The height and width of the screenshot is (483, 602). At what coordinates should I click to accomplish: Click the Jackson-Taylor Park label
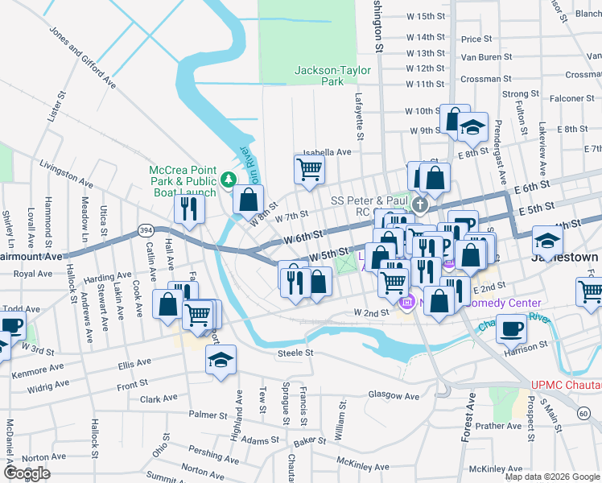click(332, 76)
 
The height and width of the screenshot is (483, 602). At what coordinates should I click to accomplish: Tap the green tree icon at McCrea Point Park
click(229, 178)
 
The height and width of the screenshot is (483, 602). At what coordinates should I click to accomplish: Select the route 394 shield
click(146, 230)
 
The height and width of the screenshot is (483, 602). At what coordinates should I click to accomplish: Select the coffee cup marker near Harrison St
click(511, 328)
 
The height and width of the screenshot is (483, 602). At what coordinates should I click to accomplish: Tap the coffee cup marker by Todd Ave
click(11, 326)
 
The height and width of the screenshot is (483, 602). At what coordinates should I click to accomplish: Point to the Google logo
click(27, 473)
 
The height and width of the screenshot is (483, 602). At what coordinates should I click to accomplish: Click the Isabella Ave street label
click(327, 151)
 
